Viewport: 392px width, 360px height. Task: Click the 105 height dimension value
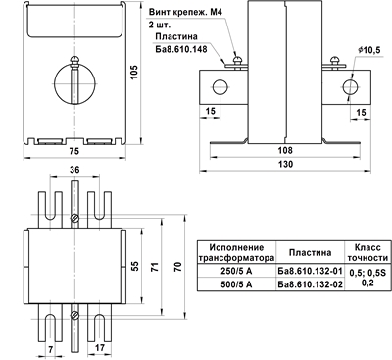tap(133, 72)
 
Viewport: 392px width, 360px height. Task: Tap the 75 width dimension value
tap(74, 151)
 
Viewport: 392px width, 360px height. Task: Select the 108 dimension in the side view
tap(285, 150)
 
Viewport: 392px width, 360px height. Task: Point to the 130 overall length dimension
tap(285, 164)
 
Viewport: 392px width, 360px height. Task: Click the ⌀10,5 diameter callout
tap(369, 50)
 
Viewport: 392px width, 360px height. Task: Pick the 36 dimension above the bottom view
tap(74, 170)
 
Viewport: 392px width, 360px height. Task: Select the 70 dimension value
tap(178, 267)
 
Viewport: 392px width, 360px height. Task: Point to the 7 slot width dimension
tap(50, 349)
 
